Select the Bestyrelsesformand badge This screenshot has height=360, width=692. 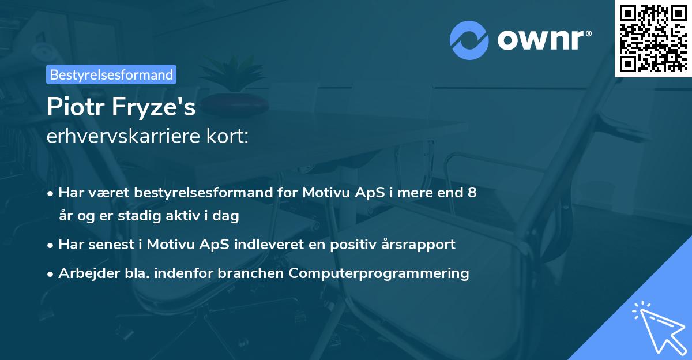tap(111, 74)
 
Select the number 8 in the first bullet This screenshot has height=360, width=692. tap(473, 193)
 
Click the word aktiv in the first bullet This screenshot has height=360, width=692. tap(176, 216)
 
